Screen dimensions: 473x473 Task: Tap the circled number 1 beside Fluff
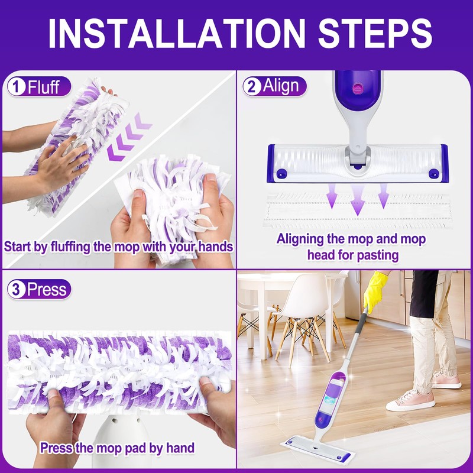tap(16, 88)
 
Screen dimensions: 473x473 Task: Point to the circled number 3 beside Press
tap(16, 290)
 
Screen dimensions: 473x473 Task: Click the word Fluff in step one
tap(44, 88)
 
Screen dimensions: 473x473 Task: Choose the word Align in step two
tap(281, 88)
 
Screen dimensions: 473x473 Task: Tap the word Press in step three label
tap(47, 290)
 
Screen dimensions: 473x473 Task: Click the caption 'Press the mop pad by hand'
tap(117, 448)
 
